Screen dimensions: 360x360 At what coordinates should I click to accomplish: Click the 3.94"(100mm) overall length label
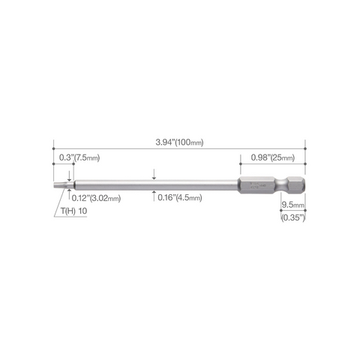tap(179, 142)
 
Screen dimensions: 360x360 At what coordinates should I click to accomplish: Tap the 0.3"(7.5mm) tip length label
tap(79, 157)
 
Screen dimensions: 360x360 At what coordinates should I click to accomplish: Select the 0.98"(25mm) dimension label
tap(273, 157)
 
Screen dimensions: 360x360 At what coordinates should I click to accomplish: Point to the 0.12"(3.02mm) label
tap(96, 198)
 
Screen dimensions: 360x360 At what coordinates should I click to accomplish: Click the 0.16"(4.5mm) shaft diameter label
tap(180, 198)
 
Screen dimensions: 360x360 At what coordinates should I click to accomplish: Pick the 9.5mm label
tap(293, 205)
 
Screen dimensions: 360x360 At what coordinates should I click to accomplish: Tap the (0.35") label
tap(293, 217)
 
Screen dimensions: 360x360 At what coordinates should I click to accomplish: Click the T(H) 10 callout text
tap(74, 211)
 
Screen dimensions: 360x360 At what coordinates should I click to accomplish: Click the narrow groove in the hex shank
tap(280, 185)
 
